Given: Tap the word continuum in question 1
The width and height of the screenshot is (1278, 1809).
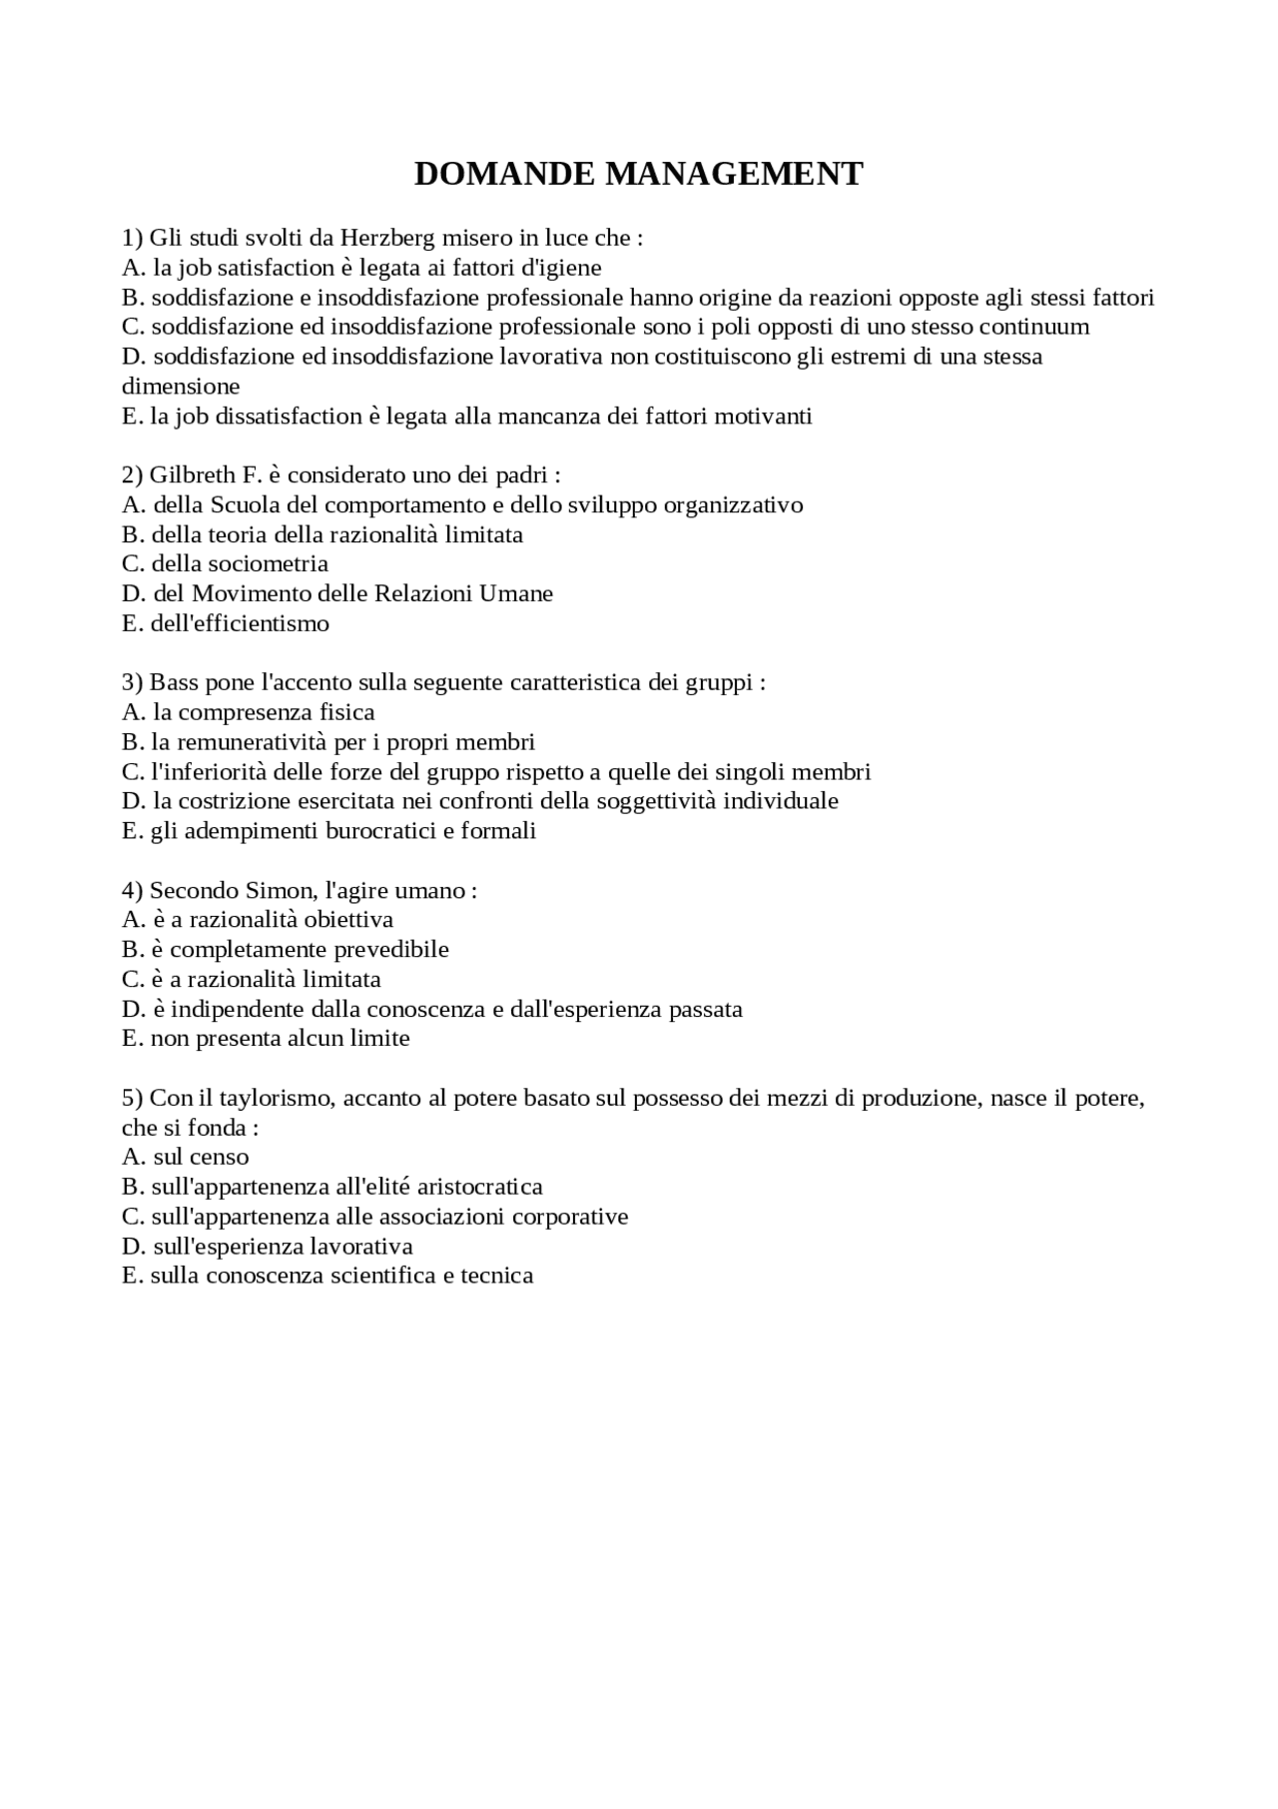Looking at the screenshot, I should point(1034,327).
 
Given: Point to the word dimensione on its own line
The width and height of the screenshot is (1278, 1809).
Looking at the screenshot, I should point(181,387).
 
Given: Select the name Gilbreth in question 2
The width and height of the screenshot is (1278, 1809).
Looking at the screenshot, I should point(192,475).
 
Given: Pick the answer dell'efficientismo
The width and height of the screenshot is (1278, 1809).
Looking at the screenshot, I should point(240,623).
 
